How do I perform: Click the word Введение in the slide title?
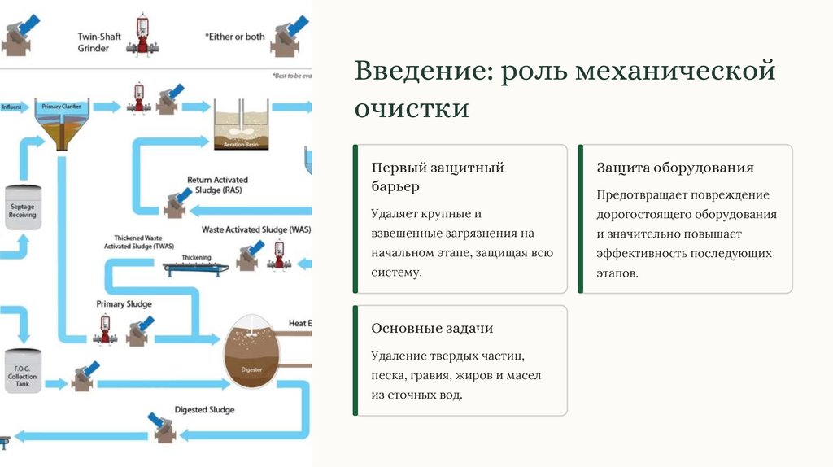(417, 71)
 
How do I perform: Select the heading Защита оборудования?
(675, 168)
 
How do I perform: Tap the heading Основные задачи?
(432, 329)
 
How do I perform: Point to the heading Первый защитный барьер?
(438, 177)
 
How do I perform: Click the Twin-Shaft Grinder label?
(94, 42)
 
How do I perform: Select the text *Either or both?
(235, 37)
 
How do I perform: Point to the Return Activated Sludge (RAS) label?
(217, 185)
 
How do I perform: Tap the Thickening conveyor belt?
(195, 266)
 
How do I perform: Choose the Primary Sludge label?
(124, 304)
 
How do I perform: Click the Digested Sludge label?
(204, 410)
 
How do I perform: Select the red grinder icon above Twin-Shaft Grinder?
(146, 35)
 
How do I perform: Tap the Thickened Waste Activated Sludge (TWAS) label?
(139, 241)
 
